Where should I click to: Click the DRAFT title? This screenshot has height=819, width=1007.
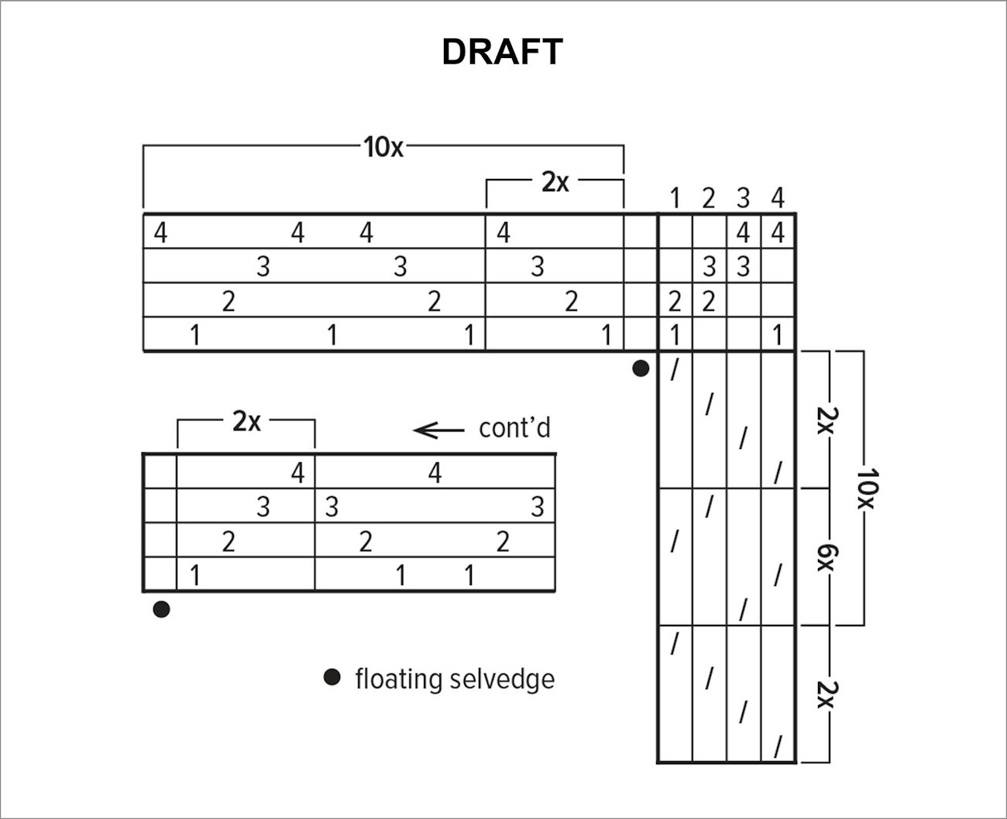[502, 52]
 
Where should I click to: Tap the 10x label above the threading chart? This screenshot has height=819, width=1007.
[383, 147]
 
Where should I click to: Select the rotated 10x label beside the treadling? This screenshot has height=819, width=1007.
[868, 488]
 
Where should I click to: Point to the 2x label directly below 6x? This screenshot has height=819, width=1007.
[828, 695]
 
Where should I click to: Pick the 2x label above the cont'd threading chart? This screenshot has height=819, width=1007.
[246, 421]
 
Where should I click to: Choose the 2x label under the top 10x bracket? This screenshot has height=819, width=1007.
[555, 182]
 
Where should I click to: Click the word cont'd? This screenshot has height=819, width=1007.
[515, 428]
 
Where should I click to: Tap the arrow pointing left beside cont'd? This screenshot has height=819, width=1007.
[438, 430]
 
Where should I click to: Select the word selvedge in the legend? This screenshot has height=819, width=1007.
[502, 679]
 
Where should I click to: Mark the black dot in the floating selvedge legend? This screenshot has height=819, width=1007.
[332, 677]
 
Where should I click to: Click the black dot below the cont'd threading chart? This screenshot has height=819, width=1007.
[161, 609]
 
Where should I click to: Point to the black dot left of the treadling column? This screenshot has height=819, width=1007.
[641, 368]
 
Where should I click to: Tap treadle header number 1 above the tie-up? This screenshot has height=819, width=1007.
[675, 198]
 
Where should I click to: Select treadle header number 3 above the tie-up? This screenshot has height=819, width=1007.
[743, 198]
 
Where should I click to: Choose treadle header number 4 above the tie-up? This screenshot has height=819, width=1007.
[778, 198]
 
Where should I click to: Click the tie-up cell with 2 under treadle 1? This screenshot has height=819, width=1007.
[675, 300]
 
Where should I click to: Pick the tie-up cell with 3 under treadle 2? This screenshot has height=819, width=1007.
[709, 266]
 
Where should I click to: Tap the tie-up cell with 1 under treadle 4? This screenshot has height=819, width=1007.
[778, 334]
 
